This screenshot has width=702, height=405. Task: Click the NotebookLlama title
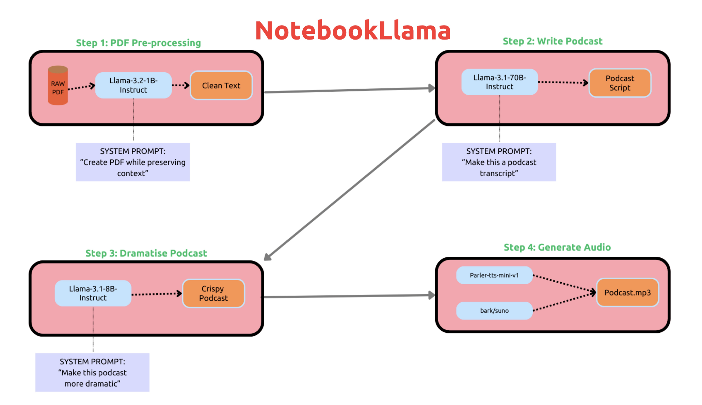point(353,31)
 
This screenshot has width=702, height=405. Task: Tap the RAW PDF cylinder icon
point(58,86)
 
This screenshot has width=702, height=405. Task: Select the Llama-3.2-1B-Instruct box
point(133,85)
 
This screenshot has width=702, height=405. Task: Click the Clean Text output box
point(221,86)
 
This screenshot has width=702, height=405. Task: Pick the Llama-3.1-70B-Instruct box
point(499,82)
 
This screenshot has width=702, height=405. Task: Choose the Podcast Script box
point(620,83)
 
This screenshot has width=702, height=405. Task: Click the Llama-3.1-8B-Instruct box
point(93,293)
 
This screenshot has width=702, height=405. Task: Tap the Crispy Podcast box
point(213,294)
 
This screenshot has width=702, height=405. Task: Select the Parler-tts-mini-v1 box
point(494,275)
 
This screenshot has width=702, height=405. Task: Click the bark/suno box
point(494,311)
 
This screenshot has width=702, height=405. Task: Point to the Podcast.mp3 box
point(627,292)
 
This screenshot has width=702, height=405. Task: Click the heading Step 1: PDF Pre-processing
point(138,43)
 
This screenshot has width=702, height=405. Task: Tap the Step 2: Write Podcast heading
point(552,41)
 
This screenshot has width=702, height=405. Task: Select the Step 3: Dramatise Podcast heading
point(146,253)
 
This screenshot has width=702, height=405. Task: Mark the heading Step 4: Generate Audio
point(557,247)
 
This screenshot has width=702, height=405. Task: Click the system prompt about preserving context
point(133,162)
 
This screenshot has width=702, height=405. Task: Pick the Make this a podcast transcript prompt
point(499,162)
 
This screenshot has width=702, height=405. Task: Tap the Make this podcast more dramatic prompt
point(92,372)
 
